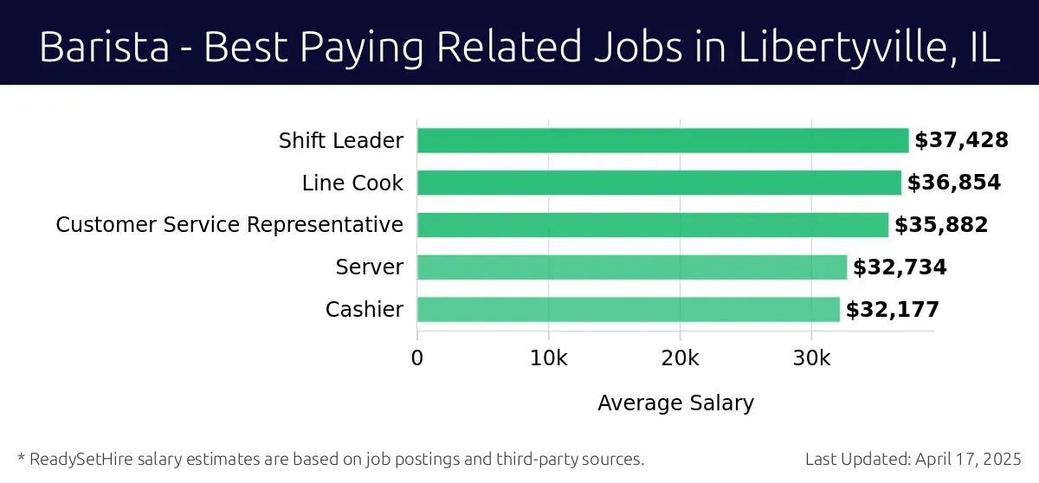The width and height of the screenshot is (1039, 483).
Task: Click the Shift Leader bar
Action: coord(662,140)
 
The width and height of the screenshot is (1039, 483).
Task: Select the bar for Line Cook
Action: coord(659,183)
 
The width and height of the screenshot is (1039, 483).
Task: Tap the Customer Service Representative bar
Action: coord(652,225)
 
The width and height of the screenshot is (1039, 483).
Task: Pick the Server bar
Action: coord(631,267)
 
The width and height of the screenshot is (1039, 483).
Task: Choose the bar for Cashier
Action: coord(628,309)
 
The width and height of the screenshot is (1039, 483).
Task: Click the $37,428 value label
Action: coord(961,140)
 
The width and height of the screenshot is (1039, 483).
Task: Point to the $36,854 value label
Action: coord(953,183)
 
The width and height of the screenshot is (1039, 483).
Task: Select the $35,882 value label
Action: coord(940,225)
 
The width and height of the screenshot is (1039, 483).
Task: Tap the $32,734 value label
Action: coord(900,267)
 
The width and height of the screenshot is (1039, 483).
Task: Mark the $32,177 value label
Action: coord(892,310)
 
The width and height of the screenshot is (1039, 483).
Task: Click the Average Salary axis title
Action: coord(675,402)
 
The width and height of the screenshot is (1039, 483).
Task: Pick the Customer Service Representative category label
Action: coord(229,225)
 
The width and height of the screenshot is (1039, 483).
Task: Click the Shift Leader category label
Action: coord(340,140)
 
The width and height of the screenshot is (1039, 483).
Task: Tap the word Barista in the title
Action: coord(103,48)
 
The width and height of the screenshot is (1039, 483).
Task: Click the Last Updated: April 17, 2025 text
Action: coord(913,459)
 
